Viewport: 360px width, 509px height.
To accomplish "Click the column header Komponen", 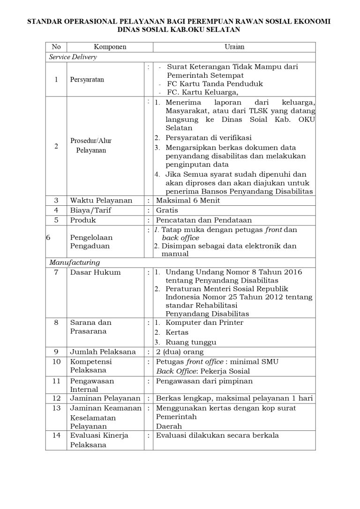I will [110, 47].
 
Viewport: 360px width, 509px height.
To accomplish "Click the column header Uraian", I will [234, 47].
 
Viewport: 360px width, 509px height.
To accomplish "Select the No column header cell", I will [56, 47].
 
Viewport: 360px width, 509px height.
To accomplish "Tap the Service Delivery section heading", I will [73, 57].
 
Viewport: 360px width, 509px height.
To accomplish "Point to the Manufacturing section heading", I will [75, 262].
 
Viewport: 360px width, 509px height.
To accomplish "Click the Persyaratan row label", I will [87, 79].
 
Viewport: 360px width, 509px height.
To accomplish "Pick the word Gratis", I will [167, 210].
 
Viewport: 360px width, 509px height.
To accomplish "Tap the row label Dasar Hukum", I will [96, 272].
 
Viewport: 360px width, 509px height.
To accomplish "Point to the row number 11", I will [56, 381].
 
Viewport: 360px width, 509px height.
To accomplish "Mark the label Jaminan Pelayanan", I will [105, 398].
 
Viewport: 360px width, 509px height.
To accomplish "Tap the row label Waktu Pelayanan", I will [101, 201].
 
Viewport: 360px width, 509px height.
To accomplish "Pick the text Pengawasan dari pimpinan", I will [204, 381].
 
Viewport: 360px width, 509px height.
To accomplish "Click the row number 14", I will [56, 435].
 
